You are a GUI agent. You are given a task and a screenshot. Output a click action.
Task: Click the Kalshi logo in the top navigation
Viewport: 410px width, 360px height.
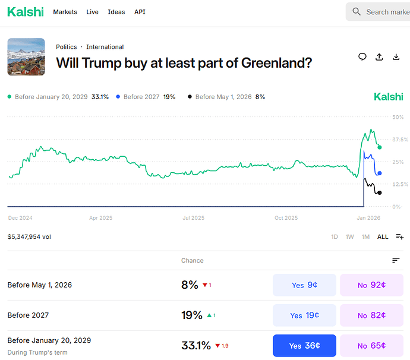pos(25,11)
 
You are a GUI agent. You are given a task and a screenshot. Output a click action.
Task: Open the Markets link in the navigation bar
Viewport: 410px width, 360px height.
pos(65,12)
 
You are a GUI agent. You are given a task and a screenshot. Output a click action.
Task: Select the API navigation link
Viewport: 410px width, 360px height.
pos(140,12)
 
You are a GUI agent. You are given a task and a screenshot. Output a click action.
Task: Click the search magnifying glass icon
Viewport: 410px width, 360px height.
pos(357,12)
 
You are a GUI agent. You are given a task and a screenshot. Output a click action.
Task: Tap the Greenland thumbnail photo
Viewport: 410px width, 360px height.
pos(26,57)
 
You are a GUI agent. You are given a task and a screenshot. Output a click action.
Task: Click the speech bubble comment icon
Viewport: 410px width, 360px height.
pos(362,57)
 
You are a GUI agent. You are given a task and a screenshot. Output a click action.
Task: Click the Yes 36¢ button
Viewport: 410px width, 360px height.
pos(304,346)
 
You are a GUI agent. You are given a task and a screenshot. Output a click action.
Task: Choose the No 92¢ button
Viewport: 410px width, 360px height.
pos(371,285)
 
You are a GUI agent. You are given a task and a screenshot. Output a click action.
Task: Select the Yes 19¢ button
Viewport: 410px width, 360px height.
pos(304,315)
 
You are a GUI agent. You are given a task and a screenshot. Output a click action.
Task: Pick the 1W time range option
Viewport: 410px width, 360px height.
pos(350,236)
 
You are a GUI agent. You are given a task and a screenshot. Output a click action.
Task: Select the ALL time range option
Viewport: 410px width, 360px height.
pos(383,236)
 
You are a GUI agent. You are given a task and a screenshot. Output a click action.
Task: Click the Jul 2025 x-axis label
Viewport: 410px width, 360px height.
pos(193,218)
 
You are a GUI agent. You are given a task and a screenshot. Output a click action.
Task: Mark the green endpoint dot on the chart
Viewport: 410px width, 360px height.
pos(380,147)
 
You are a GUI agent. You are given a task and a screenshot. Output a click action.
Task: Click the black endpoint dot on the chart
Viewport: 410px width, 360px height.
pos(380,192)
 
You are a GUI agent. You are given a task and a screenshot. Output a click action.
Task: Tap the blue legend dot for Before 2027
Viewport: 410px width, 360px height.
pos(119,97)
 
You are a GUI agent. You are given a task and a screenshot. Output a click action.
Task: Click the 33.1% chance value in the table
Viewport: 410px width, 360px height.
pos(195,346)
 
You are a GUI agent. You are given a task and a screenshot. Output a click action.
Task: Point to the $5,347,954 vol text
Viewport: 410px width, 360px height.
pos(29,236)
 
